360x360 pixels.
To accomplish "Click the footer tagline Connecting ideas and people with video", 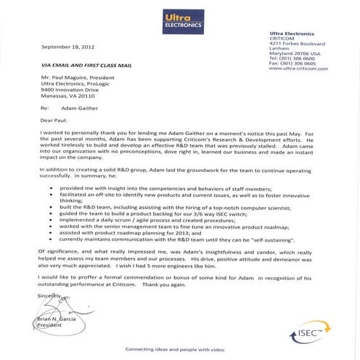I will click(179, 350).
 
